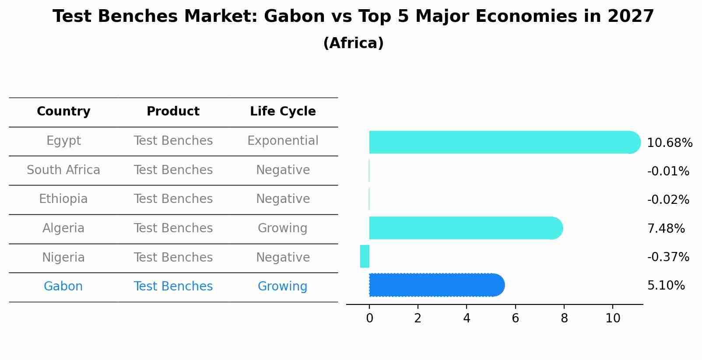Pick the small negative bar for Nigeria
pyautogui.click(x=365, y=256)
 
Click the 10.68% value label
pyautogui.click(x=669, y=143)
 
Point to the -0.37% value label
pyautogui.click(x=668, y=257)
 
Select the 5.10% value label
pyautogui.click(x=666, y=286)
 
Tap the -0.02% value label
pyautogui.click(x=668, y=200)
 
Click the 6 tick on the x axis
pyautogui.click(x=515, y=318)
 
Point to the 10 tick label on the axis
pyautogui.click(x=613, y=318)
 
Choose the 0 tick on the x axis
pyautogui.click(x=369, y=318)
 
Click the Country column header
pyautogui.click(x=63, y=112)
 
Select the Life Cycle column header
pyautogui.click(x=283, y=112)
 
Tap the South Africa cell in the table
pyautogui.click(x=63, y=170)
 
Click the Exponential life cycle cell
pyautogui.click(x=283, y=141)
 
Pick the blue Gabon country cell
pyautogui.click(x=63, y=287)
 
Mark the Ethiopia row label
pyautogui.click(x=63, y=199)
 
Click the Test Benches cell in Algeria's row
pyautogui.click(x=173, y=228)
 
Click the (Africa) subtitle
pyautogui.click(x=353, y=43)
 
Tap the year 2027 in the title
pyautogui.click(x=630, y=17)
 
